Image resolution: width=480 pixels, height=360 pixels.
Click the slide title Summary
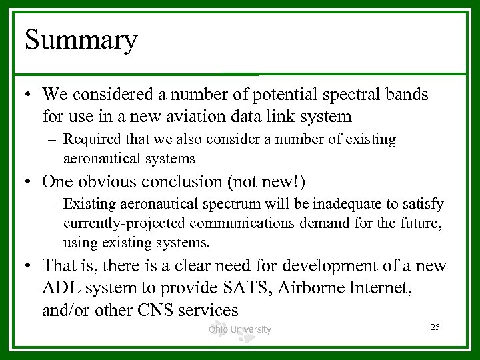coord(81,40)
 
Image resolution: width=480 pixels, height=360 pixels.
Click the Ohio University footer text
coord(239,329)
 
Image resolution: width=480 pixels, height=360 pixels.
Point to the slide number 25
coord(435,326)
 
